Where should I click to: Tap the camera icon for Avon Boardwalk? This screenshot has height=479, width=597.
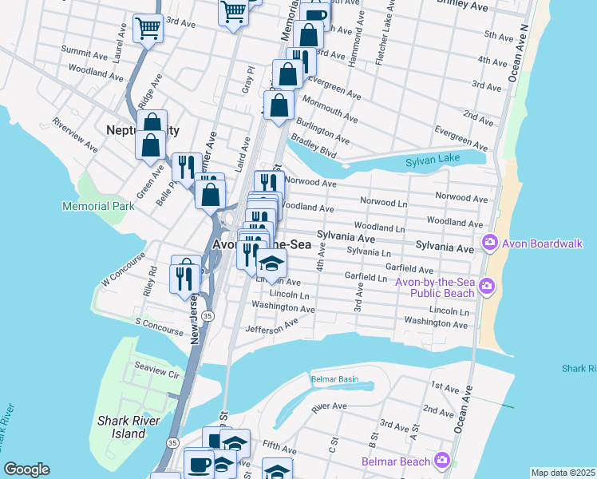[x=488, y=242]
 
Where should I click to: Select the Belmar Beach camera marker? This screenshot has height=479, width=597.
[x=441, y=460]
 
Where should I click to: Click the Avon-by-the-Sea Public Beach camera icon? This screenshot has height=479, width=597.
[x=488, y=286]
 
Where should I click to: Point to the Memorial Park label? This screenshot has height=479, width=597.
[x=98, y=206]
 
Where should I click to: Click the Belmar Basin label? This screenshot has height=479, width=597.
[x=335, y=379]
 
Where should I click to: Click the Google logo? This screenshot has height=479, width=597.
[x=26, y=469]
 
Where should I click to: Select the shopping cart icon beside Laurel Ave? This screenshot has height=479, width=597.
[x=148, y=29]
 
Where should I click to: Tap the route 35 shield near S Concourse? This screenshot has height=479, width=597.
[x=208, y=317]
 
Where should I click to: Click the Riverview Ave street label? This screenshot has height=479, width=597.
[x=74, y=135]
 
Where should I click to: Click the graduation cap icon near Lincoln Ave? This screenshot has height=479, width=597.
[x=271, y=263]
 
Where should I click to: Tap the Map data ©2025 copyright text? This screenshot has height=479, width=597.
[x=563, y=473]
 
